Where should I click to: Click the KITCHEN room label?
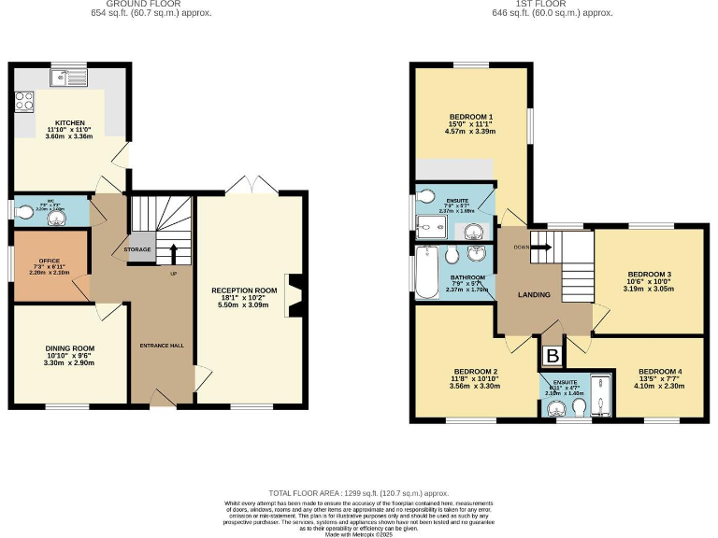[x=70, y=122]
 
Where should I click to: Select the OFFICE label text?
[x=49, y=261]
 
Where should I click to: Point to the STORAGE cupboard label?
[x=138, y=249]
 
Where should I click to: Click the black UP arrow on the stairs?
[x=173, y=253]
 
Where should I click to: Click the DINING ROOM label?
[x=70, y=348]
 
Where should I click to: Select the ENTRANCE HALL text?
[x=162, y=346]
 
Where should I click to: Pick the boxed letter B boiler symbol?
[x=553, y=356]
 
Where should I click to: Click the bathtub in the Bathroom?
[x=428, y=273]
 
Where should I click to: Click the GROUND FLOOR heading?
[x=151, y=4]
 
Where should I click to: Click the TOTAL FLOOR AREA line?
[x=358, y=492]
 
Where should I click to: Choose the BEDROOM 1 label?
[x=470, y=117]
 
